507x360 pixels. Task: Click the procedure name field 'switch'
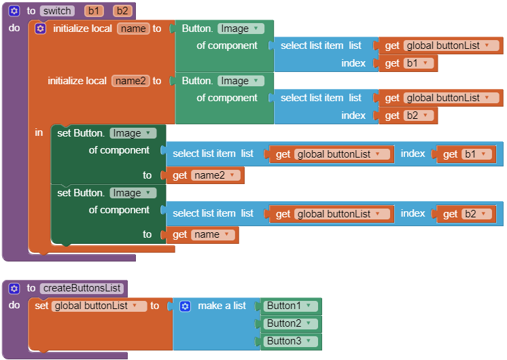[x=57, y=11]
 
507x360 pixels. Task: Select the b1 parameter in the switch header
[x=93, y=11]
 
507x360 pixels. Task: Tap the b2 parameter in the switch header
[x=122, y=11]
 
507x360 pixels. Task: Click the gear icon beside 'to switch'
[x=14, y=11]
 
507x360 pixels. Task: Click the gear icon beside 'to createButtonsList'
[x=14, y=288]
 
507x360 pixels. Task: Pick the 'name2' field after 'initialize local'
[x=129, y=81]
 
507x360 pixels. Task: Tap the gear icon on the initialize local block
[x=40, y=29]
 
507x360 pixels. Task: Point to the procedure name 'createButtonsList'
[x=82, y=288]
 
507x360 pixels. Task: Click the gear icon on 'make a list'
[x=185, y=306]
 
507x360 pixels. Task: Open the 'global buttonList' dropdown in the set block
[x=99, y=306]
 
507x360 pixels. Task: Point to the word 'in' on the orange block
[x=39, y=132]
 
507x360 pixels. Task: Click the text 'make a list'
[x=222, y=306]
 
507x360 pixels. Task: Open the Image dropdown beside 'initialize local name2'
[x=241, y=81]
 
